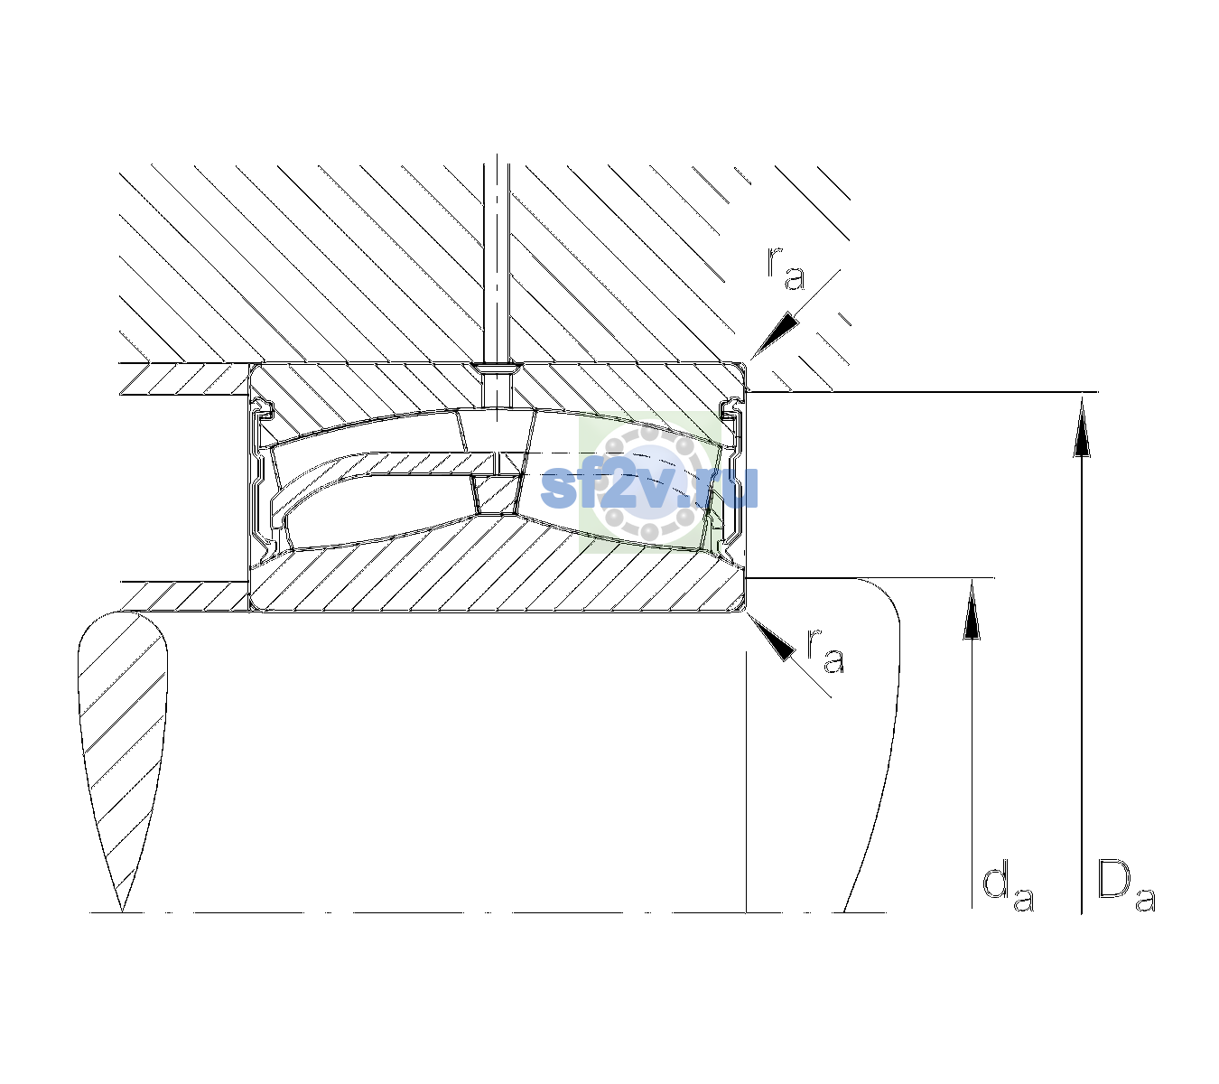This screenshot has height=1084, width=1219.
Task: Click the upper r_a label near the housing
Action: pyautogui.click(x=786, y=269)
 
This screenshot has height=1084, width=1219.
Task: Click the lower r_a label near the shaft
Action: pyautogui.click(x=824, y=650)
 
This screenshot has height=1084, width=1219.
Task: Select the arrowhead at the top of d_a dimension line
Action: pyautogui.click(x=972, y=609)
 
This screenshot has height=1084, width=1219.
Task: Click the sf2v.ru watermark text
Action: pyautogui.click(x=648, y=487)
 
